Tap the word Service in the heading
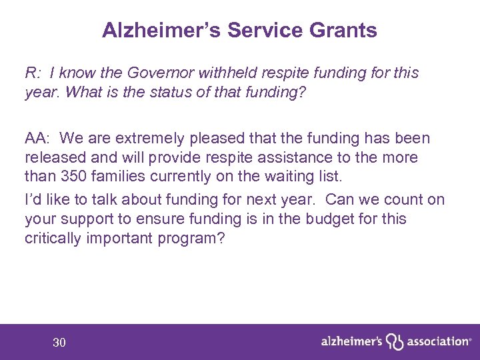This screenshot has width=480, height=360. point(261,30)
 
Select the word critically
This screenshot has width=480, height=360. point(53,237)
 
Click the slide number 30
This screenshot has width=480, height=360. point(59,343)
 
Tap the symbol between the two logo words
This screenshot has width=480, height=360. point(395,341)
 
